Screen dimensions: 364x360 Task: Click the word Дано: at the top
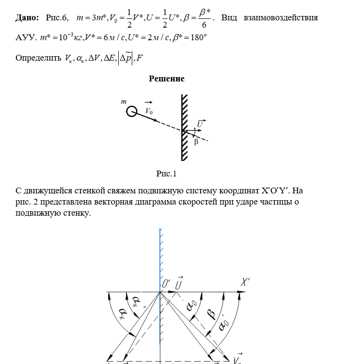[x=27, y=17]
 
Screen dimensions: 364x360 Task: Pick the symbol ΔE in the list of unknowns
[x=109, y=58]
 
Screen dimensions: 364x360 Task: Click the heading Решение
[x=166, y=79]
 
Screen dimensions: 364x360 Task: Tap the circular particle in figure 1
[x=131, y=112]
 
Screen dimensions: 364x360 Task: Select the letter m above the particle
[x=124, y=102]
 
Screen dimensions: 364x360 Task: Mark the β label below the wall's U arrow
[x=196, y=142]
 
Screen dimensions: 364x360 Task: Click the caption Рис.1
[x=166, y=174]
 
